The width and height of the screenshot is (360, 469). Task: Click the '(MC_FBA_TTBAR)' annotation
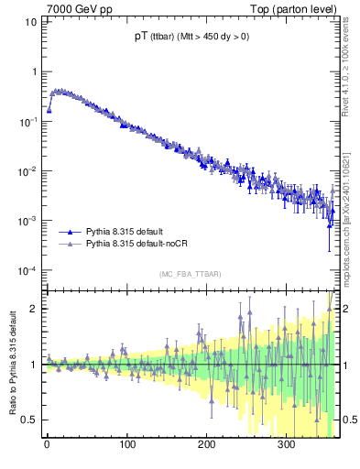pyautogui.click(x=189, y=274)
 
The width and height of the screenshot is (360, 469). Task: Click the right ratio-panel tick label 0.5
pyautogui.click(x=348, y=420)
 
